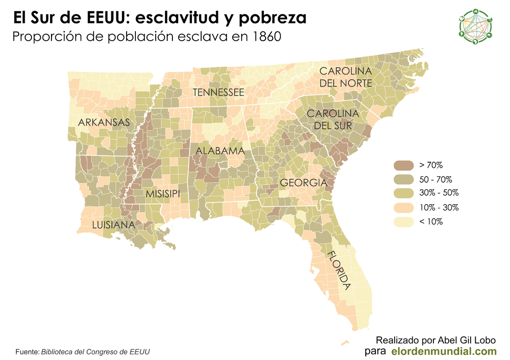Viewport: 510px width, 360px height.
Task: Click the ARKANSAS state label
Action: (x=103, y=123)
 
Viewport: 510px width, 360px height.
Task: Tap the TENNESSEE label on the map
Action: (x=218, y=92)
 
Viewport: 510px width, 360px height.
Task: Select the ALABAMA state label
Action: (x=220, y=151)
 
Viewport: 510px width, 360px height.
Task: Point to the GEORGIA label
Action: (x=303, y=183)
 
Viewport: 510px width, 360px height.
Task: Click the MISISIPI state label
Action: (x=163, y=194)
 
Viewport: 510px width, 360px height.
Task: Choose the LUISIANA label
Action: (x=113, y=225)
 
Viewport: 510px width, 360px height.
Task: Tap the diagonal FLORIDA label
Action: (x=338, y=270)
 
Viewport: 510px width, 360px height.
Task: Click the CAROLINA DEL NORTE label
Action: (x=345, y=77)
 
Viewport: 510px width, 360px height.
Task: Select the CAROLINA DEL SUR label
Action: (x=333, y=120)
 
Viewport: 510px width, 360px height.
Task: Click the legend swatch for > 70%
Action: (x=403, y=165)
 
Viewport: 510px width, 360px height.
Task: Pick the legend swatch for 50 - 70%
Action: (x=403, y=179)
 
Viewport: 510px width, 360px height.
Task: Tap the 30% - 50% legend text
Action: (x=439, y=193)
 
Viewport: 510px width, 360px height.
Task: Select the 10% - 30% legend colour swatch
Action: (x=403, y=207)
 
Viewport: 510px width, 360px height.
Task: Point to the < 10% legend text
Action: (x=431, y=221)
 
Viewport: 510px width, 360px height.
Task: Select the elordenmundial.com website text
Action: (x=444, y=351)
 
